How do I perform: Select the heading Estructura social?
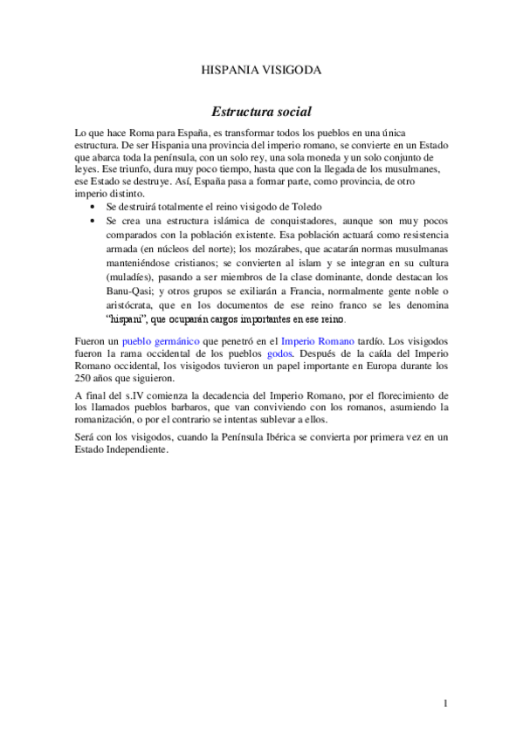pos(262,113)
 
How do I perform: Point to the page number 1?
pos(445,703)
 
